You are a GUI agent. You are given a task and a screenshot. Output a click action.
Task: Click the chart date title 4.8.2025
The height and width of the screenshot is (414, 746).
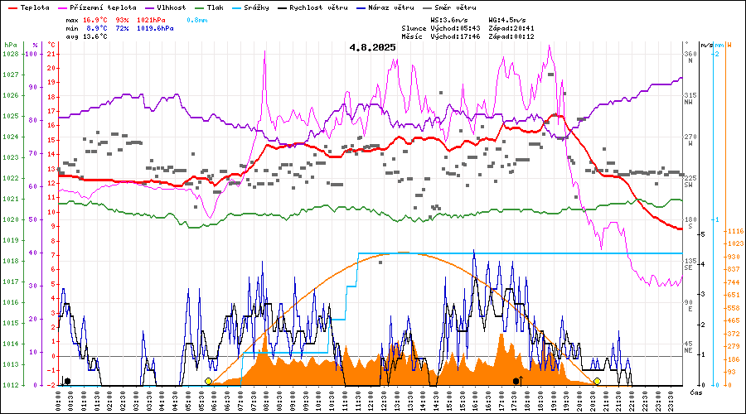[x=372, y=47]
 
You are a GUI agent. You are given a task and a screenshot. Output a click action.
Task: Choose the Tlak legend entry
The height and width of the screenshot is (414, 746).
[x=216, y=7]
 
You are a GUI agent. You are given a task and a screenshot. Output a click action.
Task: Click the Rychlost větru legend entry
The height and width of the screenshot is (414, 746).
[x=320, y=7]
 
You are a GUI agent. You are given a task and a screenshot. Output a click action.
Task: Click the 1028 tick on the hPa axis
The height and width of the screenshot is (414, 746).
[x=10, y=54]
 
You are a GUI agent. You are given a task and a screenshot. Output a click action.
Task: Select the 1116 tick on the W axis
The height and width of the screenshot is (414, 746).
[x=733, y=231]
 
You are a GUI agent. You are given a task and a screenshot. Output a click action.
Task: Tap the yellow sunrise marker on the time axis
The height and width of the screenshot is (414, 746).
[x=208, y=381]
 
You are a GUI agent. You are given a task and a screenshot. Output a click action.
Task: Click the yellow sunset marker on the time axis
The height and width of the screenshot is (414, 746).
[x=597, y=381]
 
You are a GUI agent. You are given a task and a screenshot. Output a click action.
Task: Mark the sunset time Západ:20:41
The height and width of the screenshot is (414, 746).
[x=511, y=28]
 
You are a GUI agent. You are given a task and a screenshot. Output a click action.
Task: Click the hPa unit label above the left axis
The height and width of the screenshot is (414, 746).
[x=10, y=45]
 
